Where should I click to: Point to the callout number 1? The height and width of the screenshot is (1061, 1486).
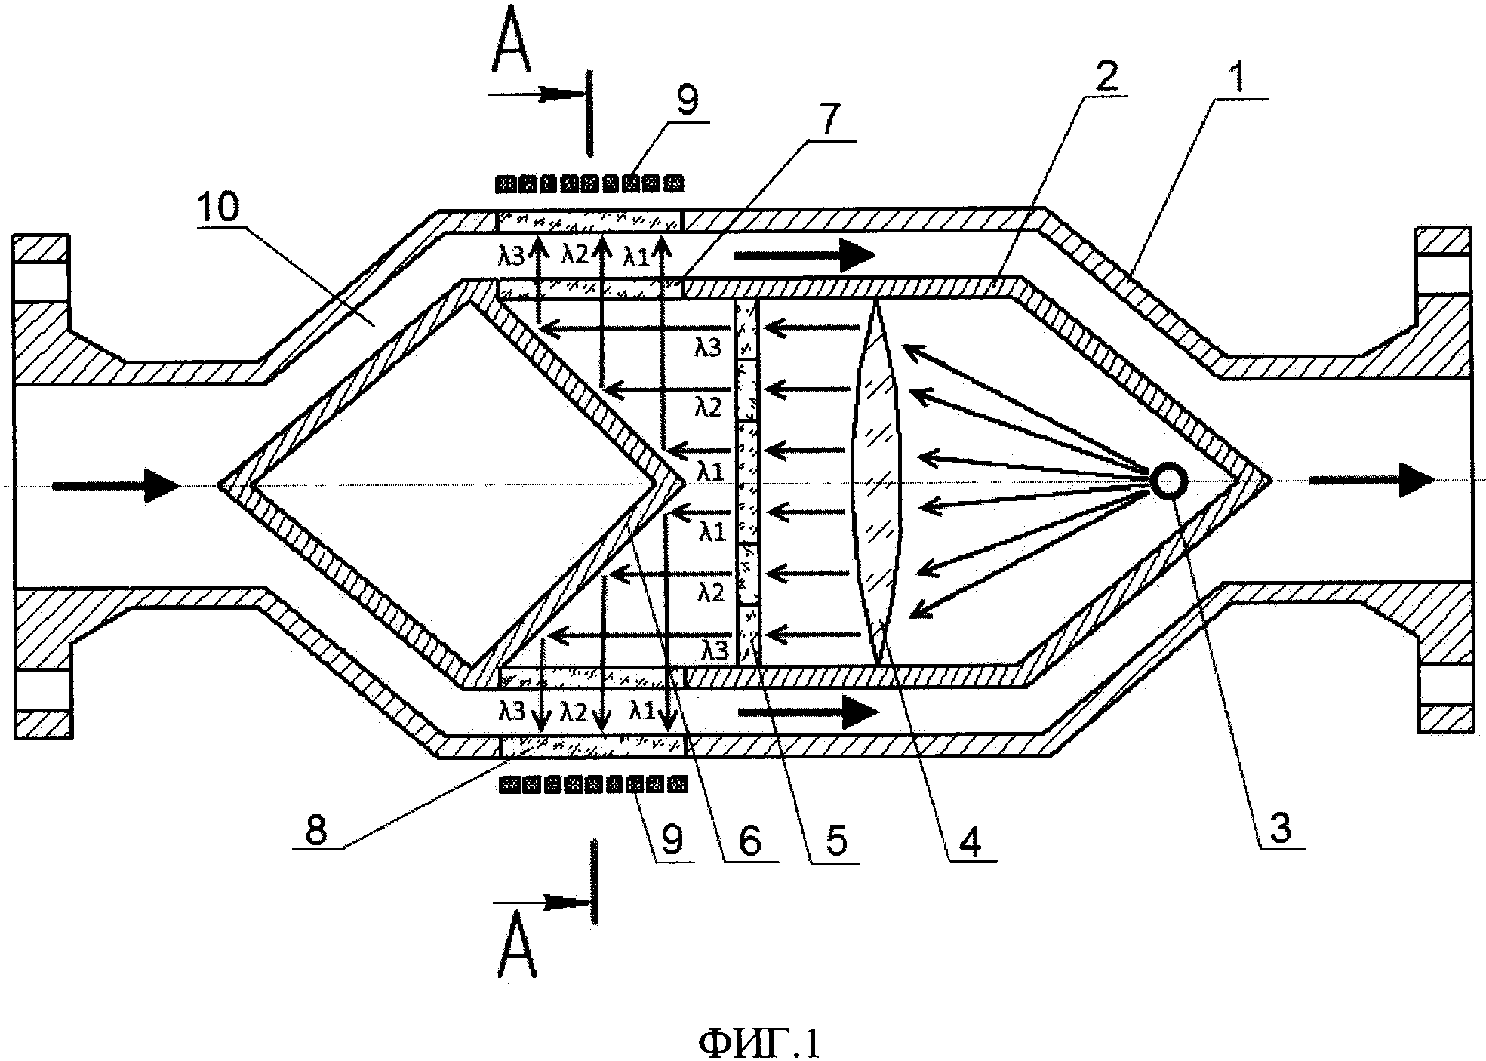click(x=1238, y=78)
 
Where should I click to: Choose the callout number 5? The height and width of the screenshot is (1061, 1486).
click(x=834, y=840)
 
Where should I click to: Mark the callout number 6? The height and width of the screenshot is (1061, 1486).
click(x=749, y=840)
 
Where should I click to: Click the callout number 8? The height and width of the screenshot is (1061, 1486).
click(x=315, y=831)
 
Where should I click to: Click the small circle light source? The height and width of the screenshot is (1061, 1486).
click(x=1168, y=481)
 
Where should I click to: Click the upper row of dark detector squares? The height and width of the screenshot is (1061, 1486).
click(x=589, y=183)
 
